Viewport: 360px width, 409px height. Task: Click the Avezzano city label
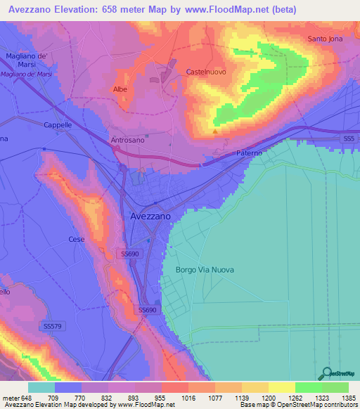pyautogui.click(x=150, y=217)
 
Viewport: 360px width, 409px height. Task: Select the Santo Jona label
pyautogui.click(x=325, y=39)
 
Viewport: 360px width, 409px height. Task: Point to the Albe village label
pyautogui.click(x=120, y=89)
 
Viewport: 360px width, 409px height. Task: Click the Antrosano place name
pyautogui.click(x=127, y=140)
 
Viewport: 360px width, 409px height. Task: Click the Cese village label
pyautogui.click(x=76, y=240)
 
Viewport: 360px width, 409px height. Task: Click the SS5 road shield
pyautogui.click(x=349, y=140)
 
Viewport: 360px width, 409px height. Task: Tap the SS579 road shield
pyautogui.click(x=52, y=326)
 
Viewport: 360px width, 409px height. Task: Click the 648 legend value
pyautogui.click(x=27, y=398)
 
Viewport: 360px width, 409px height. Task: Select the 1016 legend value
pyautogui.click(x=188, y=398)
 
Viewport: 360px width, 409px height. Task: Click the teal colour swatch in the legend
pyautogui.click(x=41, y=387)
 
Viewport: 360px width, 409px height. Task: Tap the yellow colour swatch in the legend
pyautogui.click(x=281, y=387)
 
